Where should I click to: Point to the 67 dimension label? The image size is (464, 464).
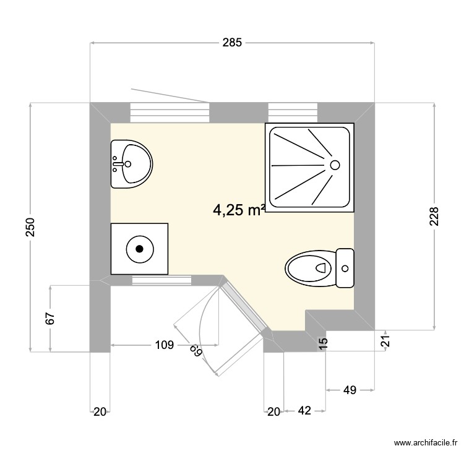pos(51,319)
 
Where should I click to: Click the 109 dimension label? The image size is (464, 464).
pos(163,346)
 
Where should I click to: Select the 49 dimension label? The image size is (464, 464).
pos(350,390)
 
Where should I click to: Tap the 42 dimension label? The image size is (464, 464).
pos(304,411)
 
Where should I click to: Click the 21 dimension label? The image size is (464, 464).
pos(385,340)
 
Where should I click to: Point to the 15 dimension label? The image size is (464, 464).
pos(322,345)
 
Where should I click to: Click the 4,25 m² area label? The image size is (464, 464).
pos(239,210)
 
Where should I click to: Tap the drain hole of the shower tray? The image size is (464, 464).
pos(335,165)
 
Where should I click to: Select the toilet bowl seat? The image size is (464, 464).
pos(309,269)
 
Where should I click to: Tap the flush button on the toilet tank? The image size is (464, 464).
pos(345,269)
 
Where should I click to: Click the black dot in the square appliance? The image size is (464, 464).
pos(139,249)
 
